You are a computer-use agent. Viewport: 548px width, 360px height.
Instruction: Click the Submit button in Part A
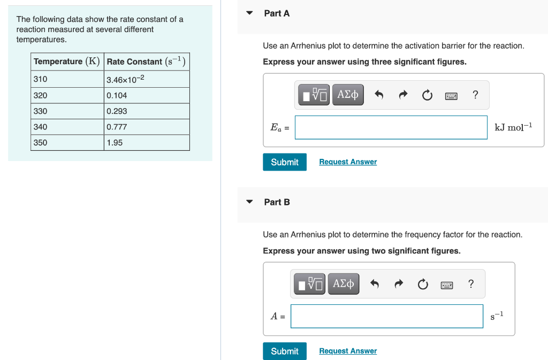[x=284, y=162]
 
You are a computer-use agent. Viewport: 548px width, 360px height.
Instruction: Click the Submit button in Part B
[x=284, y=351]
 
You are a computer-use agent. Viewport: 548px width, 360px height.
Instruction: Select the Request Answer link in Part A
[x=348, y=162]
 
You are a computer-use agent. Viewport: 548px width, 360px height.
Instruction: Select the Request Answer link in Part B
[x=348, y=351]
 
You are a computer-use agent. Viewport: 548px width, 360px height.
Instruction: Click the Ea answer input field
[x=391, y=127]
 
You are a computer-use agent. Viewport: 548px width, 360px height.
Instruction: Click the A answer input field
[x=386, y=316]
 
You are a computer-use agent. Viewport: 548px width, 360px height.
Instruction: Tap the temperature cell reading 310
[x=67, y=79]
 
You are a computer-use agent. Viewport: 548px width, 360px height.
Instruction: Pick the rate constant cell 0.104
[x=147, y=95]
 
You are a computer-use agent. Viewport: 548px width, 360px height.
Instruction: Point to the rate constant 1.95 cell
[x=147, y=143]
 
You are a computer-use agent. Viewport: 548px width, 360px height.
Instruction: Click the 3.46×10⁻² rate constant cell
[x=147, y=80]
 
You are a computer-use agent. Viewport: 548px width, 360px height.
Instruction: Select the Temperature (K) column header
[x=67, y=62]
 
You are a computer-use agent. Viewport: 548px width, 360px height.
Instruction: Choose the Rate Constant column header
[x=147, y=62]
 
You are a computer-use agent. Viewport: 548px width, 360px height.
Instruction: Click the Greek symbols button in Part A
[x=348, y=95]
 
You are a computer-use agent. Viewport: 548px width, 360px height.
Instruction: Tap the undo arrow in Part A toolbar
[x=379, y=95]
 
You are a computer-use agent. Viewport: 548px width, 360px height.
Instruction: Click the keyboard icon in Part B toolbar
[x=447, y=285]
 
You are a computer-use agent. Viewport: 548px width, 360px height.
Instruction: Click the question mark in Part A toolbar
[x=475, y=95]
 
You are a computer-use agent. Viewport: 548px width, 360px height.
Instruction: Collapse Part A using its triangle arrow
[x=249, y=13]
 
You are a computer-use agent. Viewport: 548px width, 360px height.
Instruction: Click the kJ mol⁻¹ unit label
[x=513, y=127]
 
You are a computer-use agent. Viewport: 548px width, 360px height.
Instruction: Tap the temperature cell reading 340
[x=67, y=127]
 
